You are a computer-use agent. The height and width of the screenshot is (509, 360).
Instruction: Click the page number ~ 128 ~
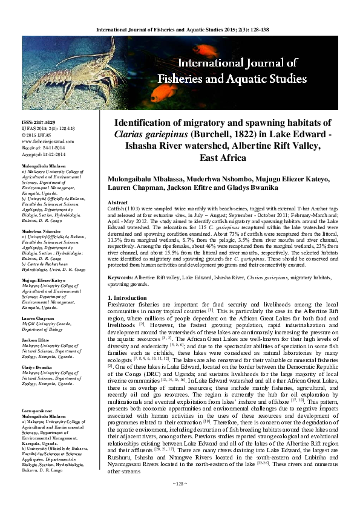point(180,500)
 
